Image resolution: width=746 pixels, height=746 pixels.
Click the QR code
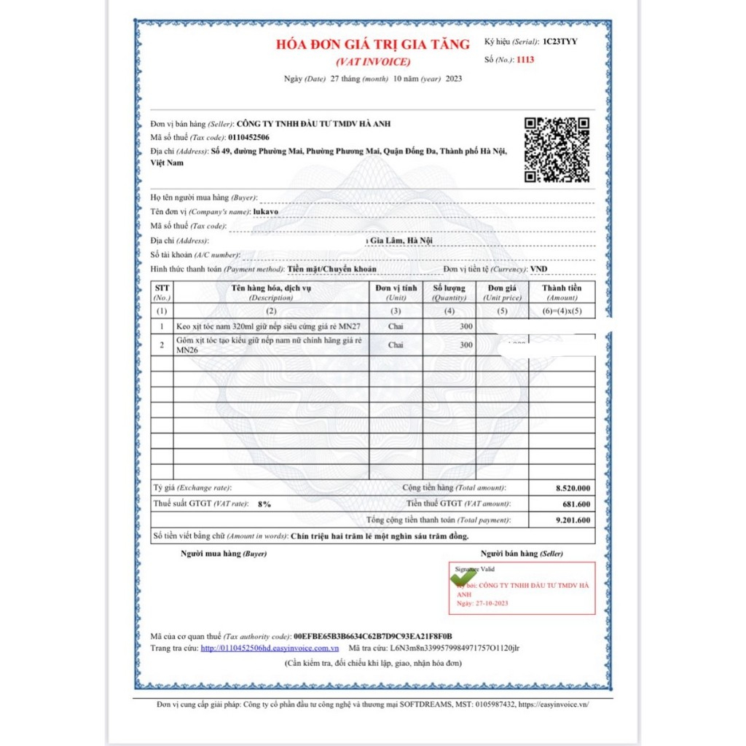(557, 149)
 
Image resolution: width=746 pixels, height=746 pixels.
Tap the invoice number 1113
(525, 60)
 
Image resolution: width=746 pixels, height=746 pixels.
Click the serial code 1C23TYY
(559, 42)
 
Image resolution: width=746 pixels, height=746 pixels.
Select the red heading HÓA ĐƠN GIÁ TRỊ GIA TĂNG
(373, 44)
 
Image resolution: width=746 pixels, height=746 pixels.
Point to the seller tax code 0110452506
(248, 137)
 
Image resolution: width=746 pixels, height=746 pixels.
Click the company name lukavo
(266, 211)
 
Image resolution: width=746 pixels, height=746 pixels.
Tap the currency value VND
(538, 269)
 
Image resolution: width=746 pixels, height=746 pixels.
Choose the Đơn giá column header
(502, 288)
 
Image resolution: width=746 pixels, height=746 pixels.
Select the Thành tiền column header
(562, 288)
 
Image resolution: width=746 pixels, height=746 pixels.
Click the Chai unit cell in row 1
(396, 326)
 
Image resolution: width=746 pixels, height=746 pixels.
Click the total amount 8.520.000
(573, 488)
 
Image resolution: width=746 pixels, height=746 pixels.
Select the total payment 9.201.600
(573, 520)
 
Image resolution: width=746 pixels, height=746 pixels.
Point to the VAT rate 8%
(264, 504)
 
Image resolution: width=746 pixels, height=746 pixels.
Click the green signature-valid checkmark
(464, 576)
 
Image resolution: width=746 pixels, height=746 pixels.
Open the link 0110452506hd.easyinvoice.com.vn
(270, 648)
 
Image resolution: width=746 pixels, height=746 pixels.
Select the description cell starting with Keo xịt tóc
(270, 326)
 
